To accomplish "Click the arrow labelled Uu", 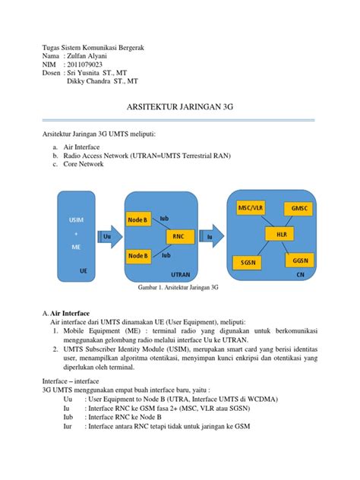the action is (108, 237).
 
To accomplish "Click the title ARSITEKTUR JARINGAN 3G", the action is (179, 109).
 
